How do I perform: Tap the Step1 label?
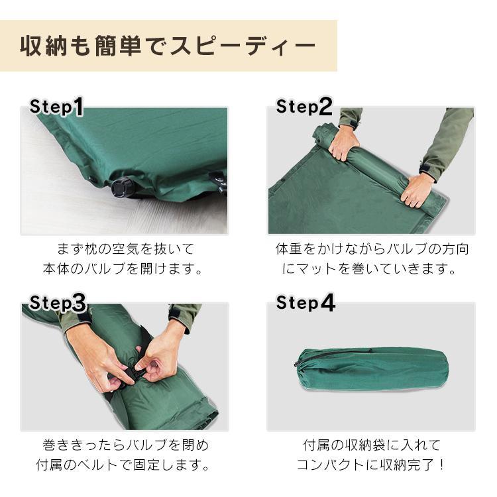coord(57,107)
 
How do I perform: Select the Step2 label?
coord(304,106)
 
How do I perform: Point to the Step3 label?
coord(58,303)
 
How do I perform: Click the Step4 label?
coord(305,303)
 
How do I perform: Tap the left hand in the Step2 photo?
coord(343,141)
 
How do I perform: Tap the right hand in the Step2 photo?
coord(418,190)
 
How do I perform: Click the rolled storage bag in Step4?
coord(371,368)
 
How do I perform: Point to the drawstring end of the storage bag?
coord(300,362)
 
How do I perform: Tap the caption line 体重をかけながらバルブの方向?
coord(372,250)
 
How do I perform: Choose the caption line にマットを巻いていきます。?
coord(372,269)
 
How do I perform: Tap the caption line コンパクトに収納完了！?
coord(372,464)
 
